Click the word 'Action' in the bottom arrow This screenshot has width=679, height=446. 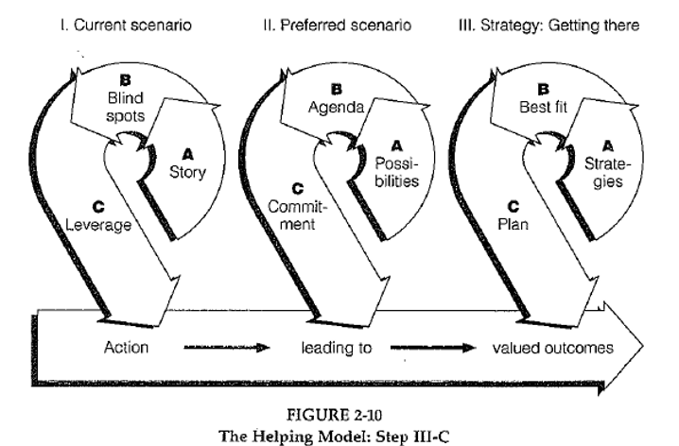tap(126, 348)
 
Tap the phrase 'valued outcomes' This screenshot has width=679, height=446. tap(552, 348)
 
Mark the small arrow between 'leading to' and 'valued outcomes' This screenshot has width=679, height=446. tap(427, 348)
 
